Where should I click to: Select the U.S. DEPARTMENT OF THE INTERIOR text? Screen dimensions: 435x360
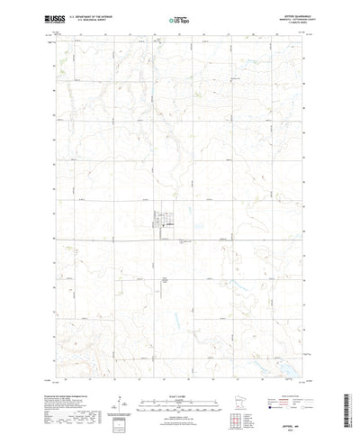coord(101,14)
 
